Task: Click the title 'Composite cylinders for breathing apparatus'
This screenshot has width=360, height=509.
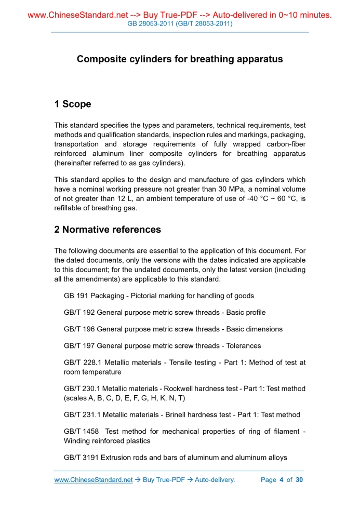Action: pos(180,59)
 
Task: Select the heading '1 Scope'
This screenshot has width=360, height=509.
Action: pos(73,104)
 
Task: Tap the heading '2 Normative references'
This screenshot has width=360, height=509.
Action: pos(108,230)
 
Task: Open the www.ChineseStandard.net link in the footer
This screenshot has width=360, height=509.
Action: pos(94,480)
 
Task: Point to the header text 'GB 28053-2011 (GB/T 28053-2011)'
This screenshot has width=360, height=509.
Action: pos(180,24)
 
